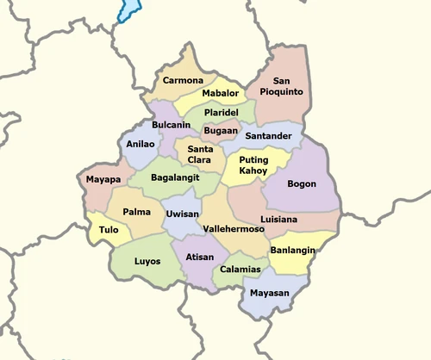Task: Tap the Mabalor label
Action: click(221, 93)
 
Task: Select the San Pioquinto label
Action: click(281, 85)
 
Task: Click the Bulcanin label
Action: click(171, 125)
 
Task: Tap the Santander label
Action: click(268, 136)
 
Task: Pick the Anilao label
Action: click(141, 145)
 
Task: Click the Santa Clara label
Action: click(195, 154)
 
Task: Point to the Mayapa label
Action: click(103, 180)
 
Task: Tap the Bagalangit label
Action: click(175, 177)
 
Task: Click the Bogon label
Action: click(302, 183)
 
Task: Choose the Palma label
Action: click(137, 211)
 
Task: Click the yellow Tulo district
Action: click(108, 231)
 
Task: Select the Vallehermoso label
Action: click(231, 229)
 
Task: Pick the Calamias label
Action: click(240, 270)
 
